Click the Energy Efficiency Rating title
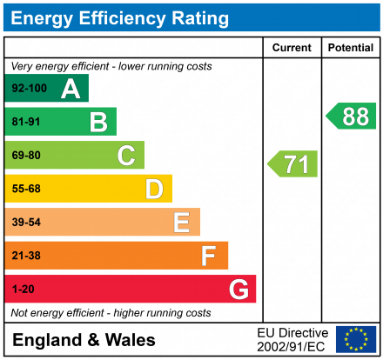(x=120, y=17)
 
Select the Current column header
(x=292, y=48)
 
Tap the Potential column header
(x=351, y=48)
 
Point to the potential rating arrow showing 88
(x=352, y=116)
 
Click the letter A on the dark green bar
(x=70, y=88)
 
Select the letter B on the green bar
(x=98, y=122)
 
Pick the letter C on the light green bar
(x=126, y=156)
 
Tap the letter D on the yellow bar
(x=154, y=189)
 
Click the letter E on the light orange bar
(x=181, y=223)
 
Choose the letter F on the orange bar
(x=209, y=256)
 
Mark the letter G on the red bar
(x=238, y=290)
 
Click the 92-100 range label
(x=29, y=89)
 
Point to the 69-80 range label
(x=26, y=156)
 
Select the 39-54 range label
(x=26, y=223)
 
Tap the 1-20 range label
(x=23, y=290)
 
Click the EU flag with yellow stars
(x=355, y=339)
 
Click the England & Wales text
(x=84, y=340)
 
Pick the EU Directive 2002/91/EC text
(x=292, y=339)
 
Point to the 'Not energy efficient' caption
(x=111, y=312)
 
